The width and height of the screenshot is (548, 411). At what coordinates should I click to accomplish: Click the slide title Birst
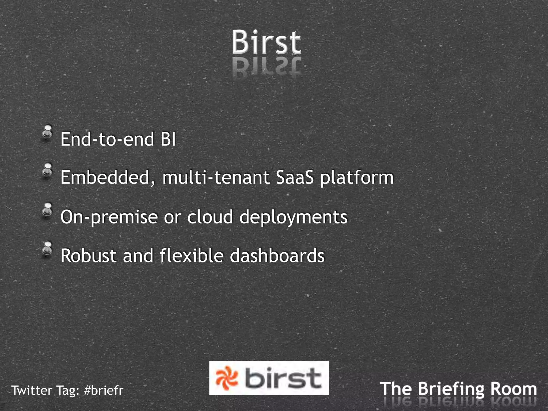tap(266, 42)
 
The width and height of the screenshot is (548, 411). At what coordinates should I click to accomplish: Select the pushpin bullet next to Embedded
tap(48, 170)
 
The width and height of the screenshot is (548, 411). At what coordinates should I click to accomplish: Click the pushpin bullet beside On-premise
tap(48, 209)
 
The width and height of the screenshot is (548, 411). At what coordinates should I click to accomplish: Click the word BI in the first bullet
tap(168, 139)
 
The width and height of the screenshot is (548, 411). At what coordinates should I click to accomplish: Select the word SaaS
tap(295, 177)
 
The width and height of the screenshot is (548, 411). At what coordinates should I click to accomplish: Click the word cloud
tap(210, 217)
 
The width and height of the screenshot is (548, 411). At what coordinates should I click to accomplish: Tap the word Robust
tap(89, 256)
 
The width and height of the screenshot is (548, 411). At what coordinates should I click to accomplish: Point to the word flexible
tap(192, 256)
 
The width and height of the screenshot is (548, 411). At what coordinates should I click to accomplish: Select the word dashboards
tap(277, 256)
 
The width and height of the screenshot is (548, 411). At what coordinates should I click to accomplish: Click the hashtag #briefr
tap(104, 390)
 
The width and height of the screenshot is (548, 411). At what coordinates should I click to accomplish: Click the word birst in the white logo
tap(283, 378)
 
